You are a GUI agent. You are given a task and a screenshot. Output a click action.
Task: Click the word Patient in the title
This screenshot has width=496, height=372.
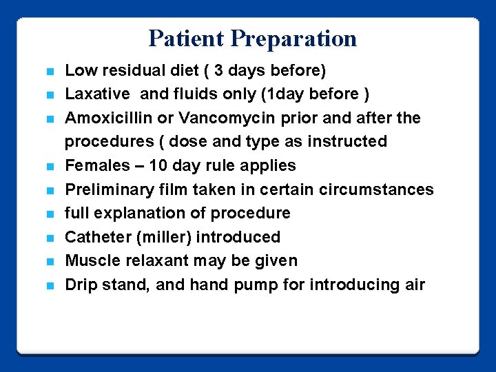[x=187, y=39]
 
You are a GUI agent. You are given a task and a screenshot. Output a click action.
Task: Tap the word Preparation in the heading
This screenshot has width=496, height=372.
[x=294, y=39]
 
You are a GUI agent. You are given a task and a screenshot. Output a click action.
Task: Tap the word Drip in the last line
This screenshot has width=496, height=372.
[x=81, y=285]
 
